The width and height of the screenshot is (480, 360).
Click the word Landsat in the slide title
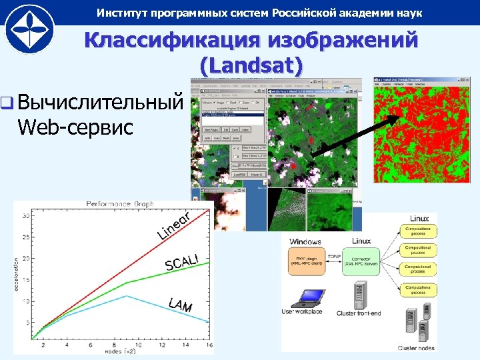tap(251, 65)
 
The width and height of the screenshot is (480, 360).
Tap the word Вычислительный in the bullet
tap(100, 103)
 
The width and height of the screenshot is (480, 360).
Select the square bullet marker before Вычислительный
tap(7, 104)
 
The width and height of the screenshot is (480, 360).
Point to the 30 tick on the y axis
tap(25, 215)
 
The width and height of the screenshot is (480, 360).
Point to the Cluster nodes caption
tap(416, 348)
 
